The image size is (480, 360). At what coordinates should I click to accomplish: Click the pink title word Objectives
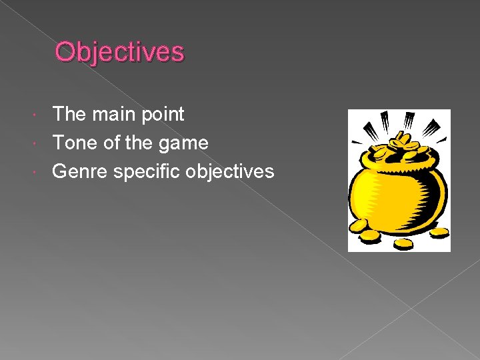coord(119,51)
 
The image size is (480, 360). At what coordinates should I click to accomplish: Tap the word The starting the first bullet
coord(70,114)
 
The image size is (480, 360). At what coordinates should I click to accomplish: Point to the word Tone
coord(73,143)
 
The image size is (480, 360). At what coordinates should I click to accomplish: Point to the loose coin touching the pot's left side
coord(360,227)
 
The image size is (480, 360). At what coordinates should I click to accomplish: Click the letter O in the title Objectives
coord(65,51)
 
